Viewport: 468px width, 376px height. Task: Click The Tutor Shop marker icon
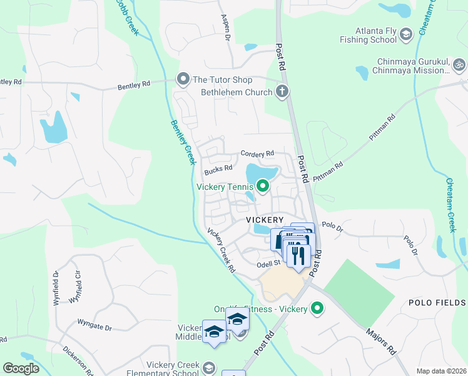(x=183, y=80)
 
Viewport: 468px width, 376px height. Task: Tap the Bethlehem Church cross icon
(x=282, y=92)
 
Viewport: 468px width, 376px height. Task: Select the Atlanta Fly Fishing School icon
(x=405, y=34)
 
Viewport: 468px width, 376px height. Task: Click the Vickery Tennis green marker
(x=263, y=186)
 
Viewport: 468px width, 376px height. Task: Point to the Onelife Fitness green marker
(x=317, y=308)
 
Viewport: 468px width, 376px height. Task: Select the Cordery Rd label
(x=258, y=154)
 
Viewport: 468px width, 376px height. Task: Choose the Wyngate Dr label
(x=94, y=327)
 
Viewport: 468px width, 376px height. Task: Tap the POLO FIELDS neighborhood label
(x=437, y=303)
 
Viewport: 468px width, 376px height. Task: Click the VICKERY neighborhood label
(x=265, y=220)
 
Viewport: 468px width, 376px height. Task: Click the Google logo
(x=21, y=368)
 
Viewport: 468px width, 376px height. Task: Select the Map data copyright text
(x=441, y=371)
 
